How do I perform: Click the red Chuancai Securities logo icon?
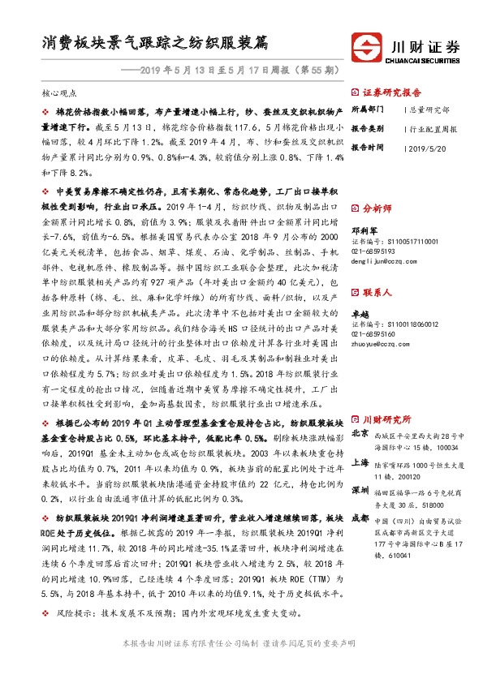[x=364, y=45]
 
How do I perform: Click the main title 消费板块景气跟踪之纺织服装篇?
[x=155, y=42]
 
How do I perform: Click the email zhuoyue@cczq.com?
[x=378, y=344]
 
